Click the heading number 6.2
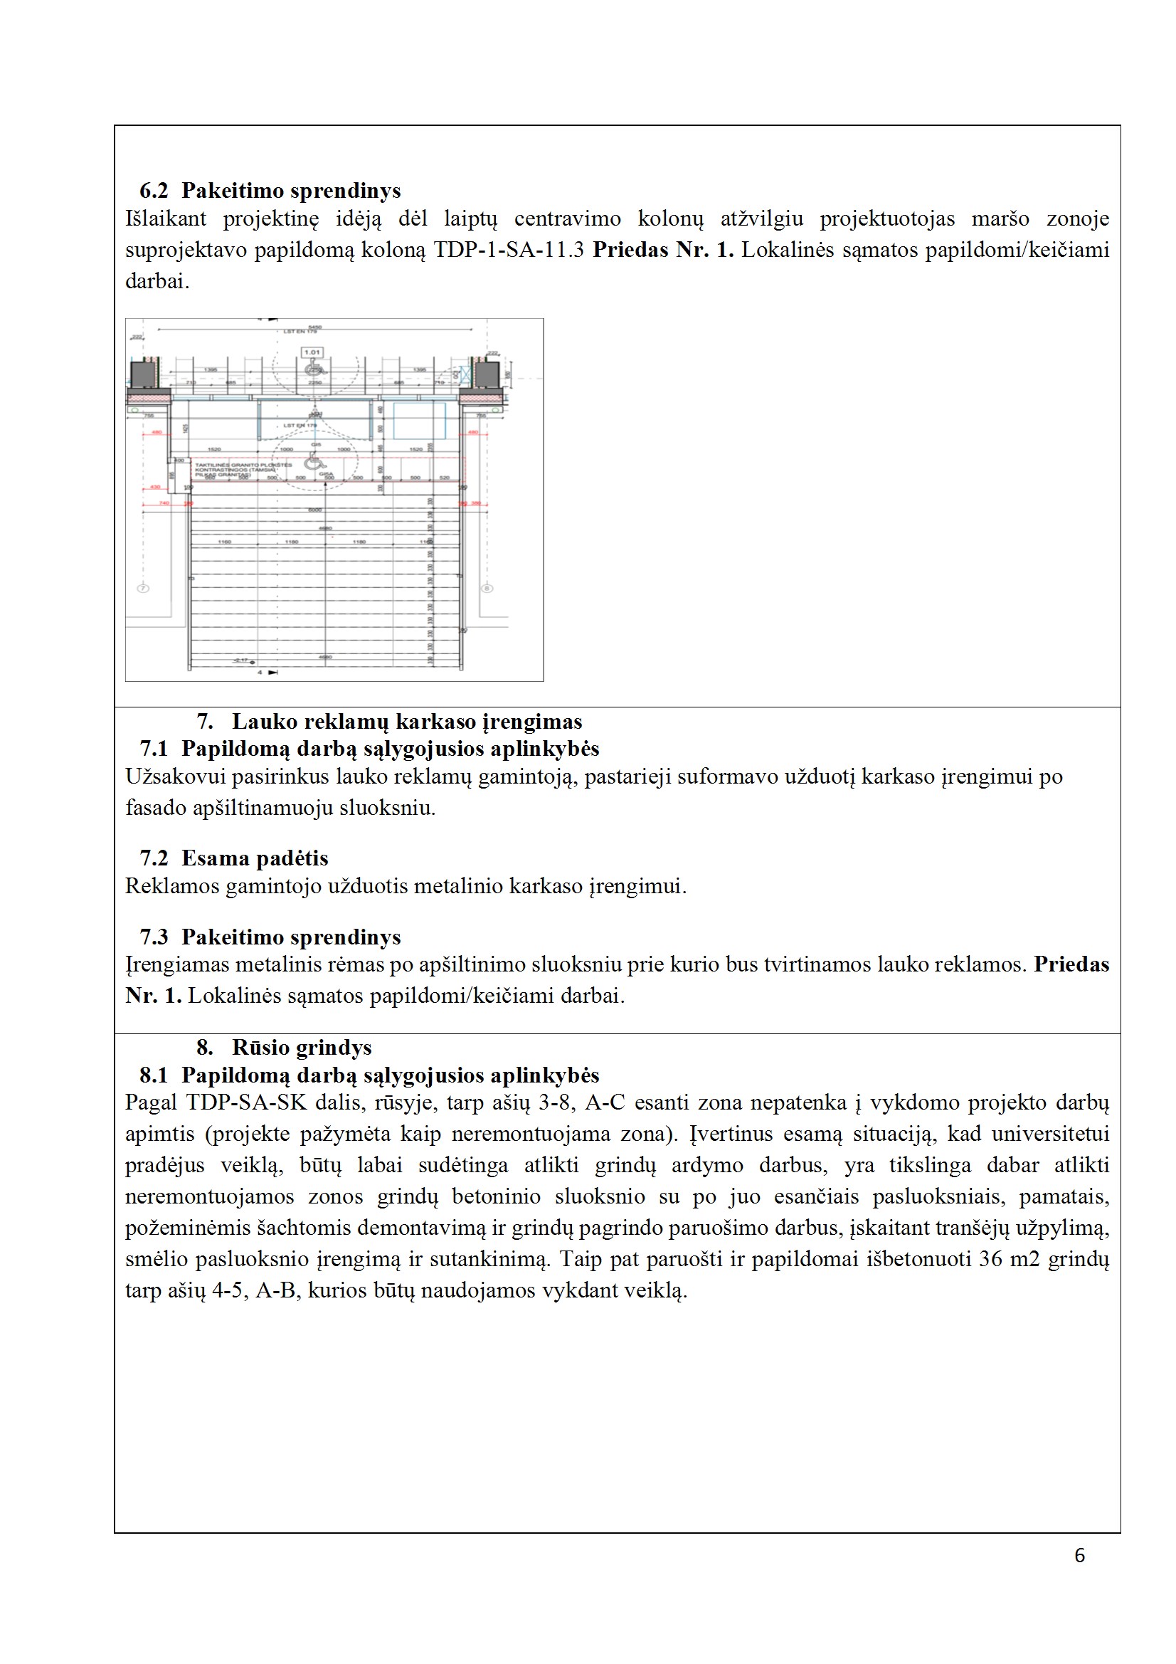[x=154, y=191]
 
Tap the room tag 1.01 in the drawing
[x=312, y=352]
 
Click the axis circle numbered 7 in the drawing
[x=144, y=589]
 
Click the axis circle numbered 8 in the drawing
[x=487, y=589]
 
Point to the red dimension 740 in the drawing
[x=164, y=502]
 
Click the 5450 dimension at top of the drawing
[x=314, y=327]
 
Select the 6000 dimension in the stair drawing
[x=314, y=510]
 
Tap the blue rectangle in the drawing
[x=419, y=420]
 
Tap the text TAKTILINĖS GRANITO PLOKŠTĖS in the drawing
[x=243, y=465]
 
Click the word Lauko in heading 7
[x=264, y=722]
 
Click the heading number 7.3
[x=154, y=937]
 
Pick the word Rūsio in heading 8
[x=260, y=1047]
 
